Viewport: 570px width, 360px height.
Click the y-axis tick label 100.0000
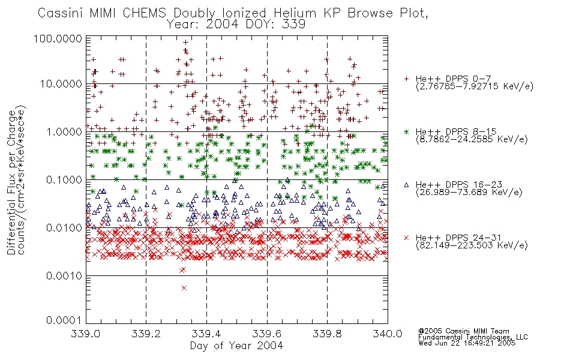point(58,38)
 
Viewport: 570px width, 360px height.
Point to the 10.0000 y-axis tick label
point(61,84)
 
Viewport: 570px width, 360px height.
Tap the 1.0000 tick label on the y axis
point(64,131)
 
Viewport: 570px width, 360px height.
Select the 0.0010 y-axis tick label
point(64,275)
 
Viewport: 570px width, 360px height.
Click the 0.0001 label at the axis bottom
point(64,320)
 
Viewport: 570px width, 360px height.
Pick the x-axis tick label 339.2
point(146,334)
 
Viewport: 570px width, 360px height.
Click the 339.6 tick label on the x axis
point(267,334)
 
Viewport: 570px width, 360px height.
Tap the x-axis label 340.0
point(388,334)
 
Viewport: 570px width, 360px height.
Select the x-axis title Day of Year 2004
point(236,346)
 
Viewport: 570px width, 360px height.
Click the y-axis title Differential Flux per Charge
point(11,182)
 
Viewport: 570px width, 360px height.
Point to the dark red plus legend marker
point(406,79)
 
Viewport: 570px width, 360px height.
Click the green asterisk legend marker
point(406,131)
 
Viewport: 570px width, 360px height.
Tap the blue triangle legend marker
point(406,185)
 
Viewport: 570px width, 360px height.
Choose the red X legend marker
point(406,238)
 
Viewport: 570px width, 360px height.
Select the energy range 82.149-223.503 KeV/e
point(472,245)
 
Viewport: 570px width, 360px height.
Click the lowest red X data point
point(184,288)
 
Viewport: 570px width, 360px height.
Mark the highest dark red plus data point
point(185,43)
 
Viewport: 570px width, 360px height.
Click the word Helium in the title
point(295,13)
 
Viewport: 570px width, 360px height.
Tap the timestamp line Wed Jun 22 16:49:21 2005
point(467,343)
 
